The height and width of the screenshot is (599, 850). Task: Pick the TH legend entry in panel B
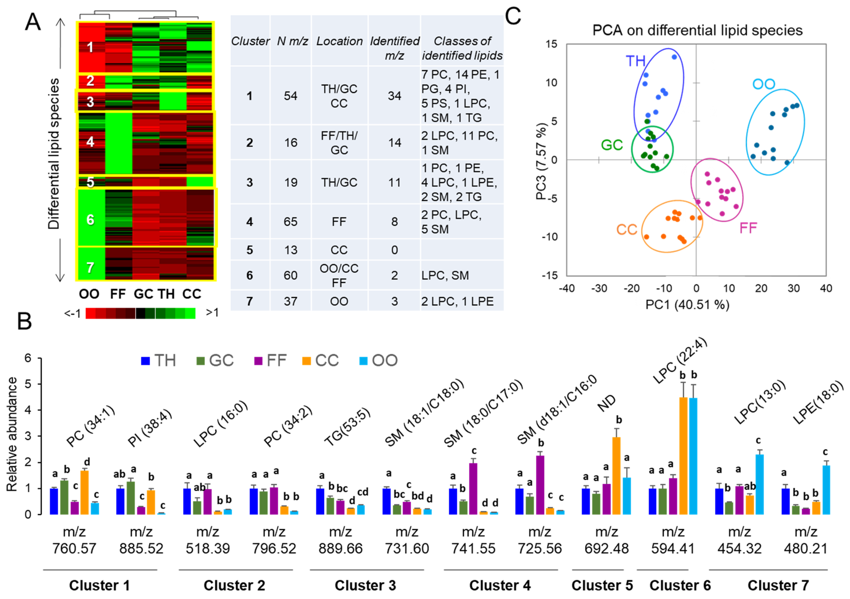coord(159,360)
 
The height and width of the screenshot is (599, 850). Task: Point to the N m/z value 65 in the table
coord(291,222)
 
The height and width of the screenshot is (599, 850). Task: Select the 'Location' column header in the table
coord(339,41)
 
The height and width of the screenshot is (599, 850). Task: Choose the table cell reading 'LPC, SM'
coord(445,275)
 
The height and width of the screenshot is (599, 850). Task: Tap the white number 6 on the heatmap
coord(90,220)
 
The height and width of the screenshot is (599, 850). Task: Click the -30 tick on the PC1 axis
coord(599,289)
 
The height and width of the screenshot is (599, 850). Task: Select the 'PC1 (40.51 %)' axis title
coord(687,305)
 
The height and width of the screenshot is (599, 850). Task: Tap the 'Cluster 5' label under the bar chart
coord(602,585)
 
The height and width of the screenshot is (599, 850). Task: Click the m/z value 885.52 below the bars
coord(141,549)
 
